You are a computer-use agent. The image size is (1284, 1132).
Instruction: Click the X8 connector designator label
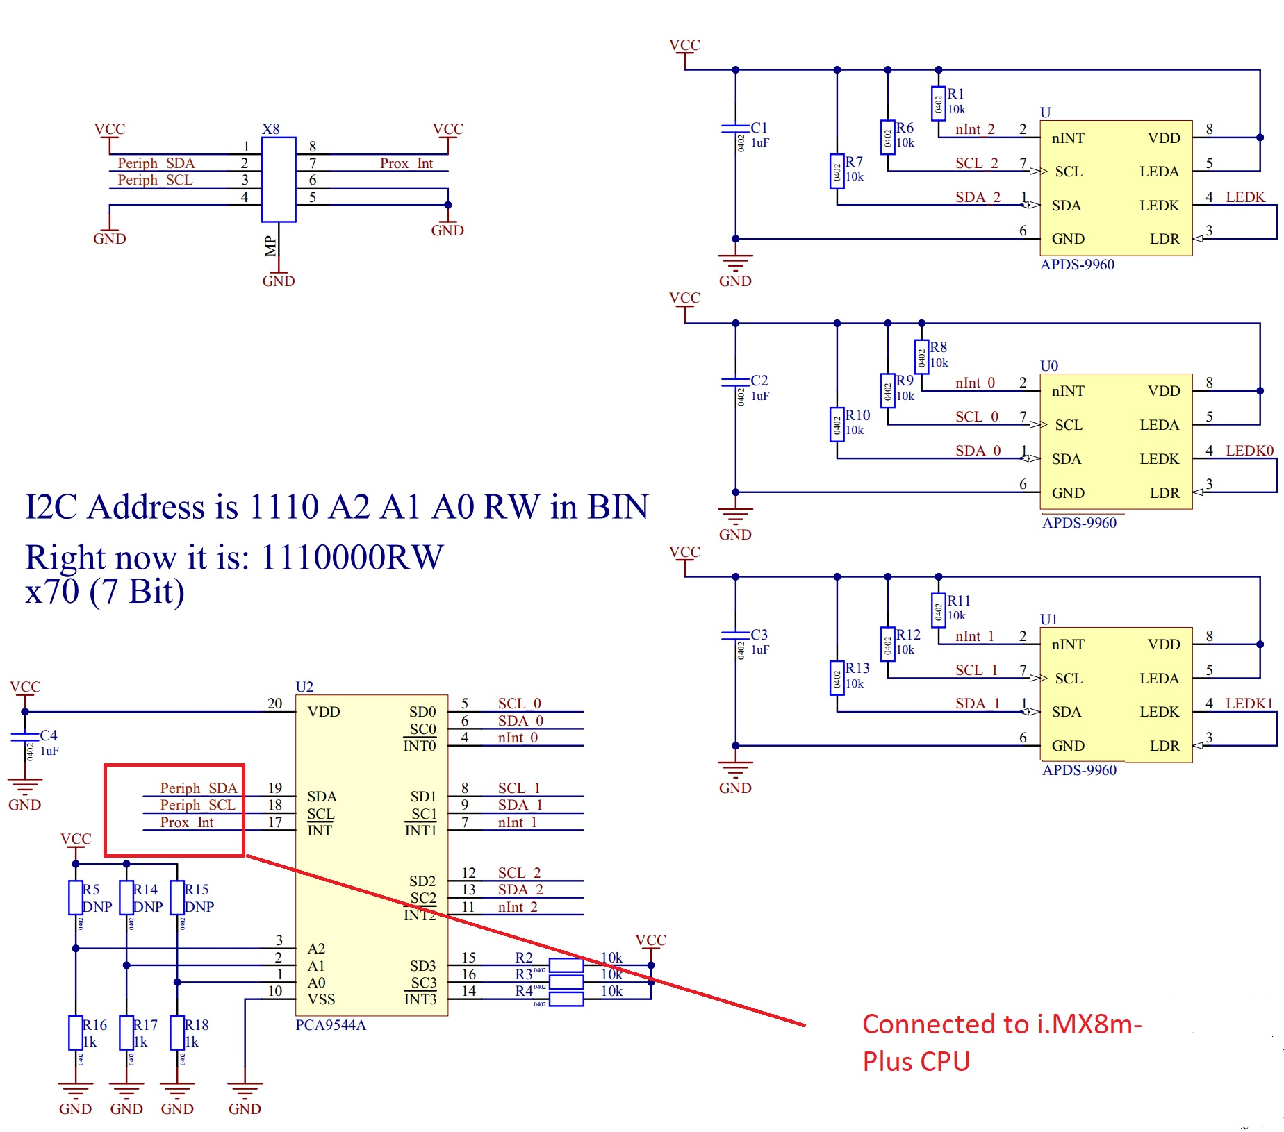pyautogui.click(x=270, y=129)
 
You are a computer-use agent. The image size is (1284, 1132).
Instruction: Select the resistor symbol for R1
pyautogui.click(x=938, y=103)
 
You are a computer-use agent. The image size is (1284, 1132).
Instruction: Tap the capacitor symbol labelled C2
pyautogui.click(x=735, y=382)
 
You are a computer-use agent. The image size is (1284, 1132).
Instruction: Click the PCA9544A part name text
pyautogui.click(x=330, y=1025)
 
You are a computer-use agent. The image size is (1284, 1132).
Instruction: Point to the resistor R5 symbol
pyautogui.click(x=76, y=897)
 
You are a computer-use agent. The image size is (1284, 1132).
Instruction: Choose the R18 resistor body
pyautogui.click(x=177, y=1033)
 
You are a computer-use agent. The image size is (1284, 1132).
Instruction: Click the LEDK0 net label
pyautogui.click(x=1249, y=451)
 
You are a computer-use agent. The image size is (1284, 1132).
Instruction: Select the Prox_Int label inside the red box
pyautogui.click(x=187, y=822)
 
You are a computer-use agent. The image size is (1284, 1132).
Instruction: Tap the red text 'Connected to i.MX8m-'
pyautogui.click(x=1001, y=1024)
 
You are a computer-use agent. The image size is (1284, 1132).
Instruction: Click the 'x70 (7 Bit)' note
pyautogui.click(x=105, y=592)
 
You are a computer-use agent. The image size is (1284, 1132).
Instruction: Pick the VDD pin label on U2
pyautogui.click(x=324, y=712)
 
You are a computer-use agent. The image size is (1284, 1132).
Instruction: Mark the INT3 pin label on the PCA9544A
pyautogui.click(x=420, y=999)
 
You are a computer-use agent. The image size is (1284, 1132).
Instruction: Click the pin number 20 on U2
pyautogui.click(x=274, y=704)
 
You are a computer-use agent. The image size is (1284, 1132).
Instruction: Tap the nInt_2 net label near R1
pyautogui.click(x=975, y=130)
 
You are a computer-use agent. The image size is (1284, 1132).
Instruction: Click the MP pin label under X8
pyautogui.click(x=270, y=246)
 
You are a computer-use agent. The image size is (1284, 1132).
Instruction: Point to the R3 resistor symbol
pyautogui.click(x=566, y=982)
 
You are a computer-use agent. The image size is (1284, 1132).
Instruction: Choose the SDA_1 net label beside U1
pyautogui.click(x=977, y=704)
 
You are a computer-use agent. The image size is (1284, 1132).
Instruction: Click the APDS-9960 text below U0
pyautogui.click(x=1079, y=523)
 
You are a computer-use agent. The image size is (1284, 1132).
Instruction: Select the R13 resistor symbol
pyautogui.click(x=837, y=678)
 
